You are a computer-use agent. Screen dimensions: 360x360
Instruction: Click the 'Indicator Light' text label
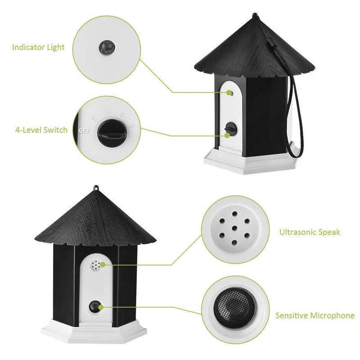(38, 47)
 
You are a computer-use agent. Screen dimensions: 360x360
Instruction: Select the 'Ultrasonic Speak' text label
(310, 232)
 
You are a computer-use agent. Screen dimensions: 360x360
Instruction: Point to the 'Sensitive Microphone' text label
(315, 315)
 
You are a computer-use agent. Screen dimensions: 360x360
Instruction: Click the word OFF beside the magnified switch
(83, 131)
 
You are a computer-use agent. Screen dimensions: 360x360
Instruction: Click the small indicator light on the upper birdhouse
(229, 93)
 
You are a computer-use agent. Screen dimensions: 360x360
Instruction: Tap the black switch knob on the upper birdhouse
(230, 129)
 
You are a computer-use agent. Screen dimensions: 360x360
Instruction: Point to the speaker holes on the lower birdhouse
(95, 266)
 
